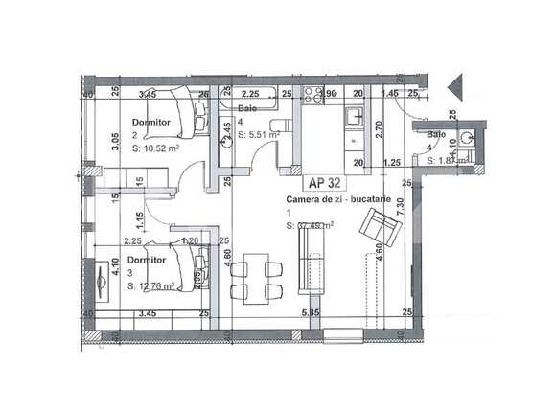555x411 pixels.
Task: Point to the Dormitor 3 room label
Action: [x=147, y=259]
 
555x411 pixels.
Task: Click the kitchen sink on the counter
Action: [x=353, y=117]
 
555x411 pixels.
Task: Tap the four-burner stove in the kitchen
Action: [x=312, y=95]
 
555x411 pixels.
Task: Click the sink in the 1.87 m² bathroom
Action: [x=466, y=138]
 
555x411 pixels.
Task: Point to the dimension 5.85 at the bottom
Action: [x=309, y=313]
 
